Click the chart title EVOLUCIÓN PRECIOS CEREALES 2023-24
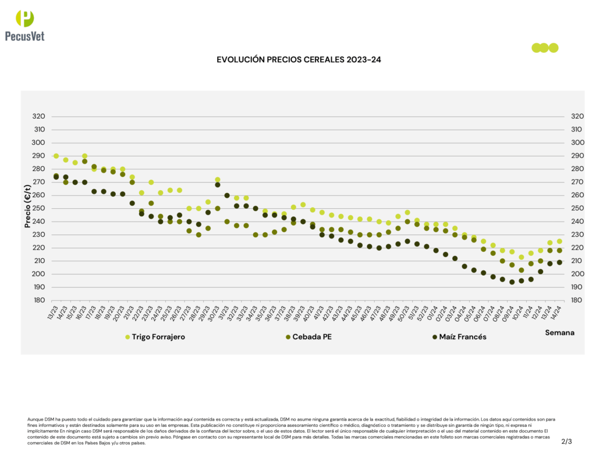pyautogui.click(x=298, y=59)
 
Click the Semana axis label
pyautogui.click(x=559, y=333)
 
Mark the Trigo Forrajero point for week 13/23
pyautogui.click(x=56, y=156)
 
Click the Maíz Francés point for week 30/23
pyautogui.click(x=218, y=185)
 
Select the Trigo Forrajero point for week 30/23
pyautogui.click(x=218, y=180)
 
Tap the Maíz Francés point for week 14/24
pyautogui.click(x=559, y=262)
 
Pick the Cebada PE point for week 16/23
pyautogui.click(x=84, y=161)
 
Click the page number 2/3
pyautogui.click(x=566, y=441)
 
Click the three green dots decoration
pyautogui.click(x=545, y=48)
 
